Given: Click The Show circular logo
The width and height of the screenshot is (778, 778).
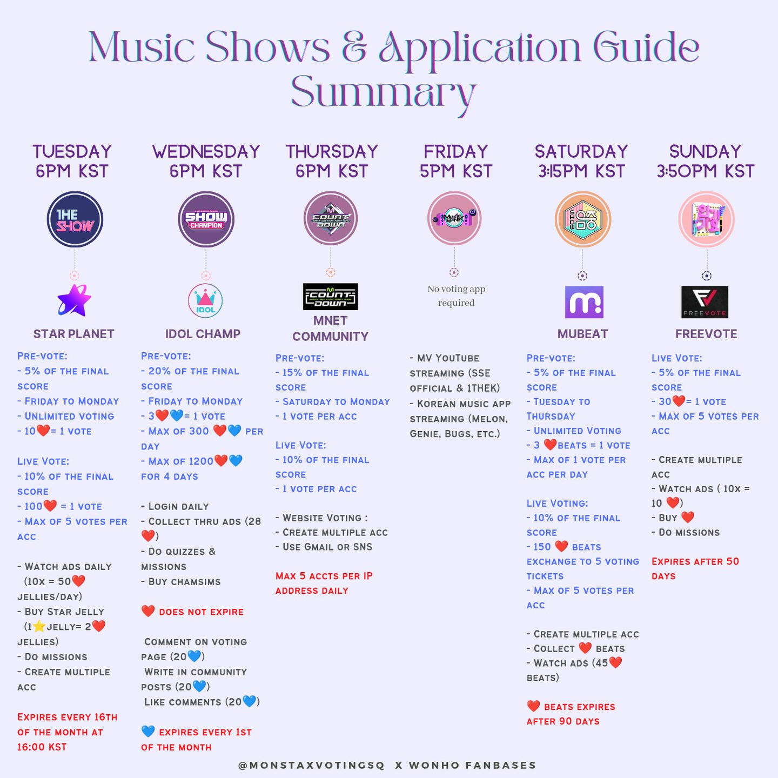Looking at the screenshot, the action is tap(75, 219).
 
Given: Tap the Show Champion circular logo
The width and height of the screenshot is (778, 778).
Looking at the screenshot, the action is tap(206, 219).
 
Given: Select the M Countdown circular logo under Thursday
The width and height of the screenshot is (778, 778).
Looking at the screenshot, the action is tap(331, 218).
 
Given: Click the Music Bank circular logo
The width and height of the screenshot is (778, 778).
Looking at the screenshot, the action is tap(454, 218).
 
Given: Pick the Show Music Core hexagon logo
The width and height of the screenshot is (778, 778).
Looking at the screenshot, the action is tap(582, 219).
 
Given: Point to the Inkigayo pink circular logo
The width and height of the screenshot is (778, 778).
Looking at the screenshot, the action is tap(707, 219).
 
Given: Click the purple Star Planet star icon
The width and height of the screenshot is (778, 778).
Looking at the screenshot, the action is tap(74, 300).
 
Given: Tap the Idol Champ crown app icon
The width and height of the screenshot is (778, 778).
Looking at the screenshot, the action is tap(205, 300).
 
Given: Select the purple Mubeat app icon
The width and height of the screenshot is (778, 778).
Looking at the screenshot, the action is tap(584, 302).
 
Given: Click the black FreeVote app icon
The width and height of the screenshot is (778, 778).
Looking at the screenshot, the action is tap(705, 302).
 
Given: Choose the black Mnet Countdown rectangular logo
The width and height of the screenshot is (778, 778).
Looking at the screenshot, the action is tap(330, 297).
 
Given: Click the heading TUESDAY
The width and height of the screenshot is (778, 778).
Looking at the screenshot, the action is tap(72, 152).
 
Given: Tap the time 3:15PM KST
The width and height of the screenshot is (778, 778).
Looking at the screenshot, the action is tap(581, 171).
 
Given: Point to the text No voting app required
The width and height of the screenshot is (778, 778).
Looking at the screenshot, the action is tap(456, 296).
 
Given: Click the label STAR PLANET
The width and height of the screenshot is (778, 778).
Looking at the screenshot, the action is tap(74, 334).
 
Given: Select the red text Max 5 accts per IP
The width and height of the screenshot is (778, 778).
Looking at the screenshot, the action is tap(324, 576).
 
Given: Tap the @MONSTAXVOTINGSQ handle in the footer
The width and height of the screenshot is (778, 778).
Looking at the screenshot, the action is tap(311, 765).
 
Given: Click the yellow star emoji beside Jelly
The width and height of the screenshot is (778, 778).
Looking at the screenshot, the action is tap(39, 627).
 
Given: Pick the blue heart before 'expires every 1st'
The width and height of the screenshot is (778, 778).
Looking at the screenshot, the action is tap(148, 731).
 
